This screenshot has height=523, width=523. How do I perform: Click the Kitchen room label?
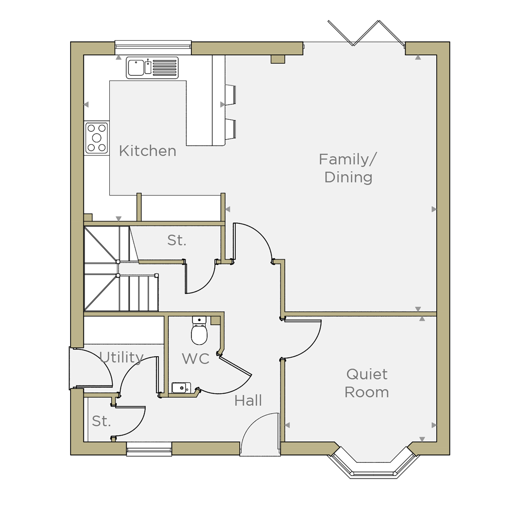tap(147, 151)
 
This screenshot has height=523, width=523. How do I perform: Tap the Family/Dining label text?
tap(348, 168)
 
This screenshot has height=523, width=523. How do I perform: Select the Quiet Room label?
tap(367, 383)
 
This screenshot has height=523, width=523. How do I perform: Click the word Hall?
tap(248, 401)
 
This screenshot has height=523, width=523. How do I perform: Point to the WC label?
tap(196, 359)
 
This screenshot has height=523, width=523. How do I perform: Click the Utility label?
tap(121, 357)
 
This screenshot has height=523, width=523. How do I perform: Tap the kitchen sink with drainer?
tap(152, 67)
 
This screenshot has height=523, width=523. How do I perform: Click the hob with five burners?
tap(97, 138)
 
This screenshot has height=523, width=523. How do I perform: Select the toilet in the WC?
tap(199, 330)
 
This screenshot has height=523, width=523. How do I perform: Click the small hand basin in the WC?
tap(181, 388)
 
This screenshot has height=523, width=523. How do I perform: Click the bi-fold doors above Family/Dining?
tap(366, 32)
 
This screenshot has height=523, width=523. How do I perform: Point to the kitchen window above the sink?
tap(153, 48)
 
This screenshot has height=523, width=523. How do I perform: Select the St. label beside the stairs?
tap(176, 240)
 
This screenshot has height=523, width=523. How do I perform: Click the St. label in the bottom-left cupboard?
tap(101, 421)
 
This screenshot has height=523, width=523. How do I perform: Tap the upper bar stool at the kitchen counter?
tap(230, 94)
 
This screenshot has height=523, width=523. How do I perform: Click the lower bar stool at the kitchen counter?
tap(230, 129)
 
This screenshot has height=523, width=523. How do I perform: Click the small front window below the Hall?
tap(149, 449)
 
